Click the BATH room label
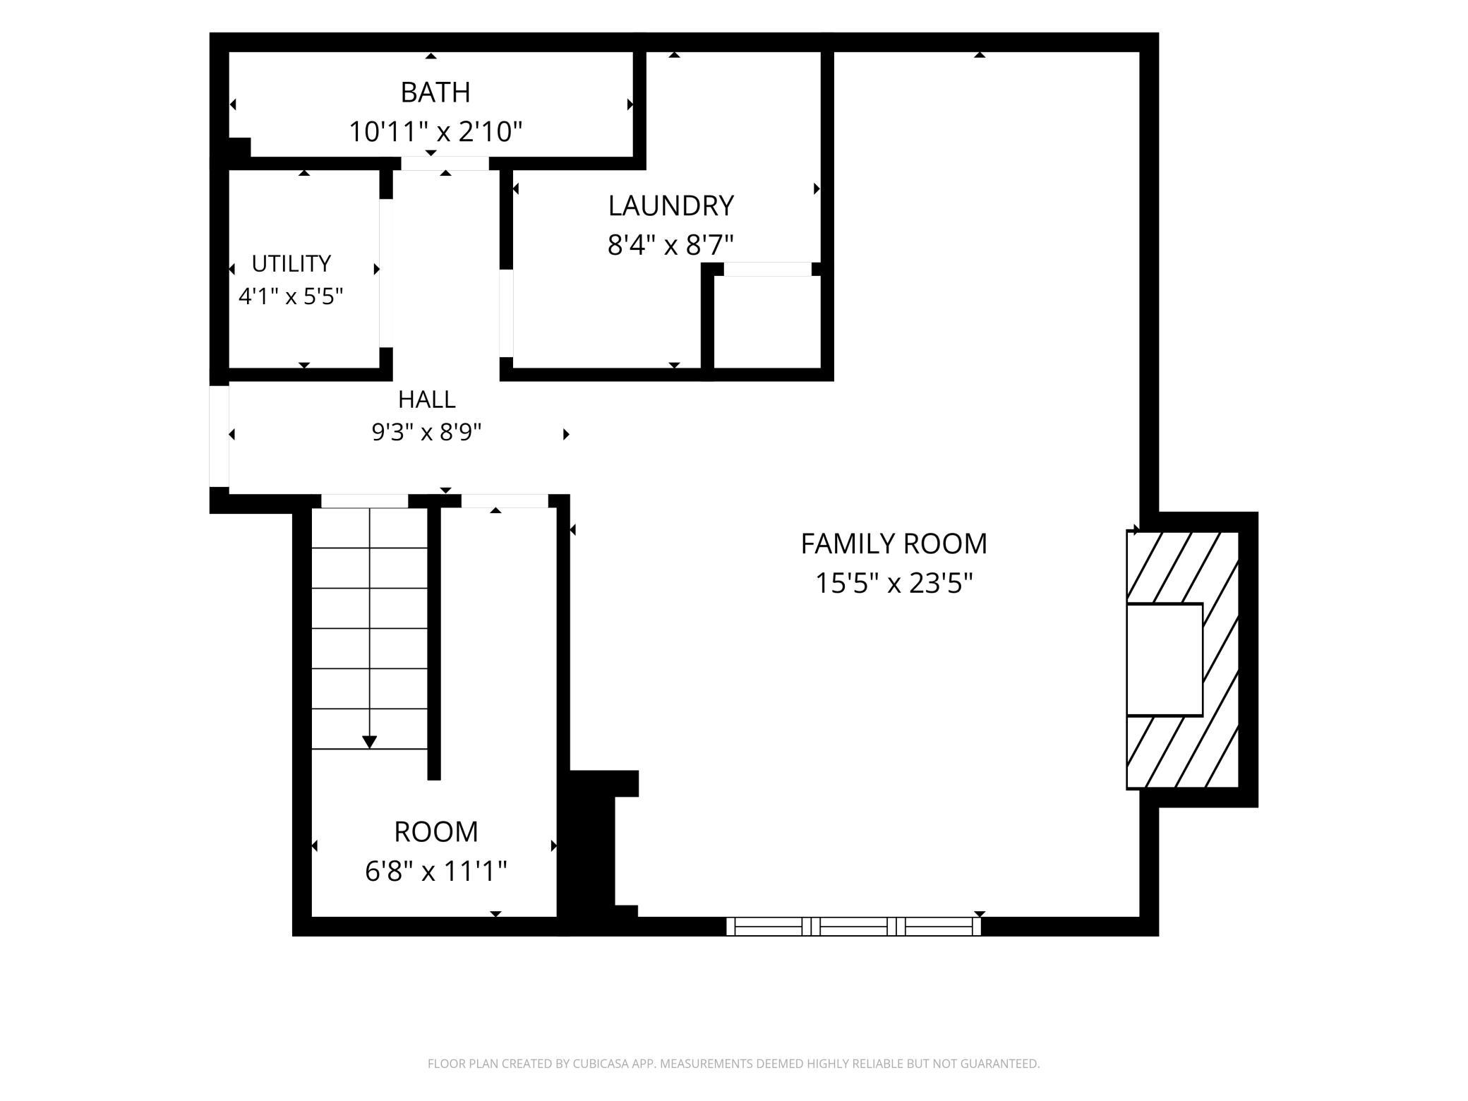(x=435, y=92)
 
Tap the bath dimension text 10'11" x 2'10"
(x=435, y=132)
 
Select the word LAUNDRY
(x=670, y=206)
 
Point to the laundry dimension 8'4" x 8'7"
(x=670, y=246)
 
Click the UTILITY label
(x=291, y=264)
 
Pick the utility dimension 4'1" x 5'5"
(x=291, y=296)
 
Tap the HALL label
(x=426, y=399)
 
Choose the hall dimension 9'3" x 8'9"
(x=426, y=432)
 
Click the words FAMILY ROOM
(x=894, y=544)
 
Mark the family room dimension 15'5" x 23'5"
(x=894, y=584)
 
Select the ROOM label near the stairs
(x=435, y=832)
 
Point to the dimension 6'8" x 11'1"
(x=435, y=872)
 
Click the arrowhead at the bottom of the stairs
(x=369, y=742)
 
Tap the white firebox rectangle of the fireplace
(x=1165, y=660)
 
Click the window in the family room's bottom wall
(x=853, y=927)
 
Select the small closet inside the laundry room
(x=767, y=322)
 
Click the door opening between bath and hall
(x=445, y=164)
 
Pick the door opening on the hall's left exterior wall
(x=219, y=436)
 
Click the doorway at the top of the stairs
(x=365, y=501)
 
